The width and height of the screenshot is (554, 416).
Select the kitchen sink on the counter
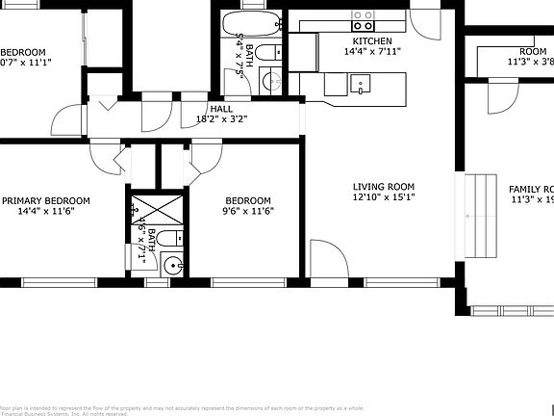361,87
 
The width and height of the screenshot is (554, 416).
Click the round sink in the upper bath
268,80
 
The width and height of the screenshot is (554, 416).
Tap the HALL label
220,110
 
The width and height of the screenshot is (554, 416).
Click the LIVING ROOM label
383,187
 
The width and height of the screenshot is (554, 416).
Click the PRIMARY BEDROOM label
45,200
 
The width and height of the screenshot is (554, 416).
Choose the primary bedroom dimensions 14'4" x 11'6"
45,212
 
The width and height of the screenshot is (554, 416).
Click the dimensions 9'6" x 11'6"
248,212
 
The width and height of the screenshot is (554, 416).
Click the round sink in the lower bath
173,266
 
